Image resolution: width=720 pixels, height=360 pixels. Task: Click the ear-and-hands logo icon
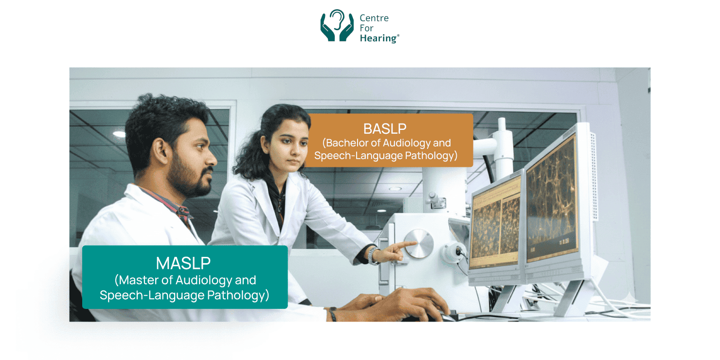[337, 26]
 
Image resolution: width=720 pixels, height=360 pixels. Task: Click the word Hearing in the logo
[378, 38]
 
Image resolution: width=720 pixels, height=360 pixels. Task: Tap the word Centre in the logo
[374, 18]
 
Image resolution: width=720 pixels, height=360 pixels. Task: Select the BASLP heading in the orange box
[385, 129]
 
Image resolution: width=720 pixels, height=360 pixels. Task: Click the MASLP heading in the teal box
[183, 263]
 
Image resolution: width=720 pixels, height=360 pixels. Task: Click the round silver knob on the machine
[418, 244]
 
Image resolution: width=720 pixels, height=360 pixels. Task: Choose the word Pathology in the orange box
[431, 156]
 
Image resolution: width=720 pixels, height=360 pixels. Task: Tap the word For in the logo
[366, 28]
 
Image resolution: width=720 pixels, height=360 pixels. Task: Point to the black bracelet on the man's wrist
[333, 314]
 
